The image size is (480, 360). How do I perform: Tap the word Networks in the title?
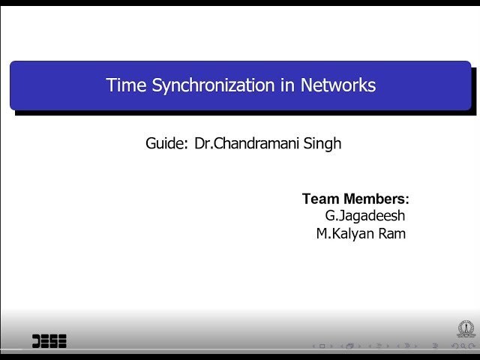coord(338,85)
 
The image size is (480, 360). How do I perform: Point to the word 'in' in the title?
coord(287,85)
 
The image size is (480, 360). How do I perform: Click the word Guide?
coord(165,143)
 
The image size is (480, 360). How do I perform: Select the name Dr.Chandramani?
coord(250,143)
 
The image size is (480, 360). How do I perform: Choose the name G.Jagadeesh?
coord(365,216)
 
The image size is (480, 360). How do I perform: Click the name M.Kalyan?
coord(347,233)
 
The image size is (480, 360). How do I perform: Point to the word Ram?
coord(391,233)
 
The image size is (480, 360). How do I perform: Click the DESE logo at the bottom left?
coord(49,341)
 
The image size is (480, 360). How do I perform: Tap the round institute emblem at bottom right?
coord(466,329)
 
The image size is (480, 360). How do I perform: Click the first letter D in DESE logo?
coord(37,341)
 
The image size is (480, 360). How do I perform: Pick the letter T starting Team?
coord(307,199)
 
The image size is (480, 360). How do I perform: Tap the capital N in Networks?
coord(307,85)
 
